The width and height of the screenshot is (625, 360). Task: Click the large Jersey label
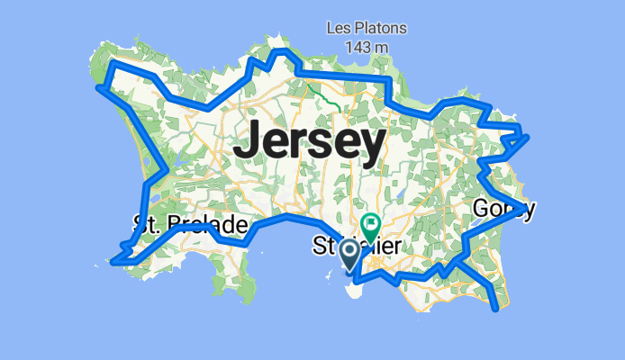click(x=310, y=142)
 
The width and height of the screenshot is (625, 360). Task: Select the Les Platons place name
click(x=366, y=28)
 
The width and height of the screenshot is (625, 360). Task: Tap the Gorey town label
click(x=503, y=210)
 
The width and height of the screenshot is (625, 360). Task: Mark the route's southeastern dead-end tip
click(x=496, y=310)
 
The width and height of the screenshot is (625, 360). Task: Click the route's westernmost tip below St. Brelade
click(x=113, y=262)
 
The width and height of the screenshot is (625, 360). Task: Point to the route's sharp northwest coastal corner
click(x=102, y=87)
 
